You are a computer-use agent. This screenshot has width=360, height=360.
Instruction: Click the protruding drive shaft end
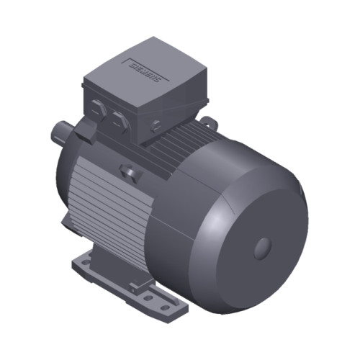click(x=59, y=133)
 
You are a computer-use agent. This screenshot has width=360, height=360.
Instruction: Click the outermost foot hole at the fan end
click(x=166, y=307)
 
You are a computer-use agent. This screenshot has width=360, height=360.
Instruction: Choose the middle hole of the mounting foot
click(x=149, y=297)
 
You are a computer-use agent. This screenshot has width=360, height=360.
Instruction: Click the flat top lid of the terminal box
click(x=144, y=72)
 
